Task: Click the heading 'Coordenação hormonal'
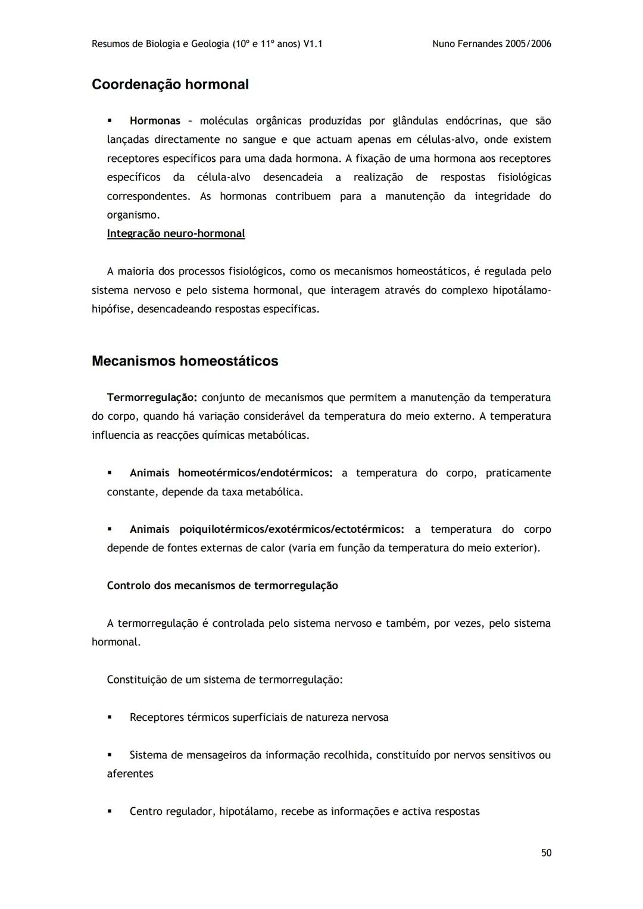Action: click(x=170, y=85)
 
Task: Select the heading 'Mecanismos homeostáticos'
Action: click(x=185, y=361)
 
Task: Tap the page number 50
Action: click(x=546, y=852)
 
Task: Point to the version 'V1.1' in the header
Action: click(x=313, y=43)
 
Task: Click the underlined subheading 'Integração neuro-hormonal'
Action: click(x=176, y=233)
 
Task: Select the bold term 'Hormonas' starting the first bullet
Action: click(x=155, y=121)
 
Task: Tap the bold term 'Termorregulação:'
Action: click(x=152, y=397)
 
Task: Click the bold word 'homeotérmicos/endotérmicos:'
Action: click(x=255, y=473)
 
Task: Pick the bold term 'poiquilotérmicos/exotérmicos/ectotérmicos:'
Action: click(x=292, y=529)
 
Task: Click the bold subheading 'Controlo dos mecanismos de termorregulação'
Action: click(x=222, y=585)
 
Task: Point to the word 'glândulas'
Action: click(x=415, y=121)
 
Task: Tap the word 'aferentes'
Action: click(x=130, y=774)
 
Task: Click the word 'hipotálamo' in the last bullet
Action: click(x=246, y=811)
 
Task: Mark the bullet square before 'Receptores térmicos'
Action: click(x=110, y=717)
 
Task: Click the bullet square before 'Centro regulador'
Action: click(x=110, y=811)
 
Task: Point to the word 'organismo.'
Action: click(x=133, y=215)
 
